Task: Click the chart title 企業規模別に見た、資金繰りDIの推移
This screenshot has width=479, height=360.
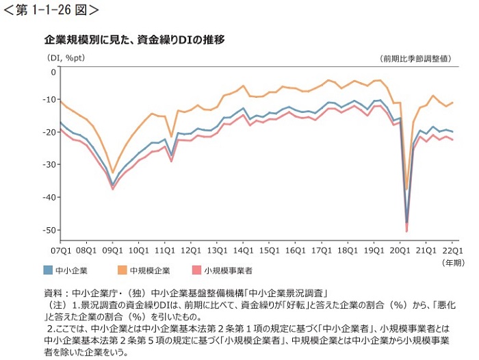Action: [x=134, y=40]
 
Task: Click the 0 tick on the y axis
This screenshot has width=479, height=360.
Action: [x=53, y=71]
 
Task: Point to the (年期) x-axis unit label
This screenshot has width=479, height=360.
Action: [x=453, y=262]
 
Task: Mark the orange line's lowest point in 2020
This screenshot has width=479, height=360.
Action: [x=406, y=190]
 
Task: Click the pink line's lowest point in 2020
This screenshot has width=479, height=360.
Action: [x=406, y=231]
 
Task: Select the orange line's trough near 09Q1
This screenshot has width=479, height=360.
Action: [x=113, y=173]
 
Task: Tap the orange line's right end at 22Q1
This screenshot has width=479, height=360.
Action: [x=453, y=102]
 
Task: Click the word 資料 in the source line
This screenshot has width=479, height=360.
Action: [x=53, y=292]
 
